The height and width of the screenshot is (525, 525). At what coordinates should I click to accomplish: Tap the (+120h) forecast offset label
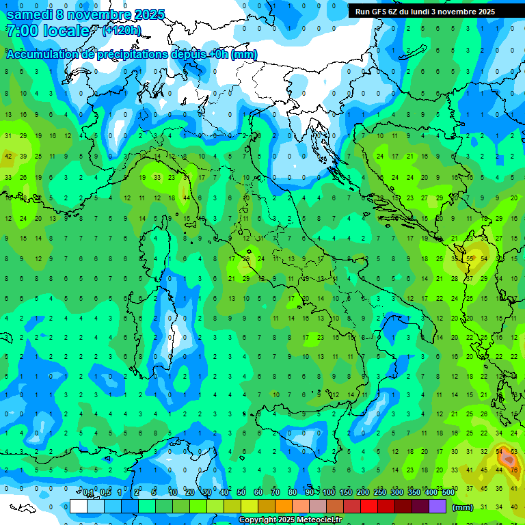122,31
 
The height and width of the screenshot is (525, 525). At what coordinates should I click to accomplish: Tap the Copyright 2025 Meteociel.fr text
290,520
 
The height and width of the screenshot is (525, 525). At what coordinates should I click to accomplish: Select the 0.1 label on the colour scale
88,493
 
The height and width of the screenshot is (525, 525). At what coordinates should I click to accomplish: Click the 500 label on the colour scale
448,493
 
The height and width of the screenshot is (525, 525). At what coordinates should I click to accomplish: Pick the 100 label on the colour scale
328,493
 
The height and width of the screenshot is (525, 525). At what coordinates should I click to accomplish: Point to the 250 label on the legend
379,493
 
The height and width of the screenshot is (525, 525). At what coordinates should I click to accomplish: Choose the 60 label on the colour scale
258,493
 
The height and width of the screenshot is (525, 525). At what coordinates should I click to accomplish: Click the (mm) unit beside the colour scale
463,507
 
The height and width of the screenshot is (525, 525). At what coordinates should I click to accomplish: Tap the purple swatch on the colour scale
438,507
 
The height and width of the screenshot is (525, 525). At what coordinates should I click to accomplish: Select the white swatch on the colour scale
78,507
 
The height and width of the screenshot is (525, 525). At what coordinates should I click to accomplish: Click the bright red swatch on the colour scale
369,507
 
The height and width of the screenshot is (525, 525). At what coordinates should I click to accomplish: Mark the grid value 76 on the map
513,470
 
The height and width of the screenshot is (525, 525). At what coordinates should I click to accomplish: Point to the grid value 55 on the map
470,258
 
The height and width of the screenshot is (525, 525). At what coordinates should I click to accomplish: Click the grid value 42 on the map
9,157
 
